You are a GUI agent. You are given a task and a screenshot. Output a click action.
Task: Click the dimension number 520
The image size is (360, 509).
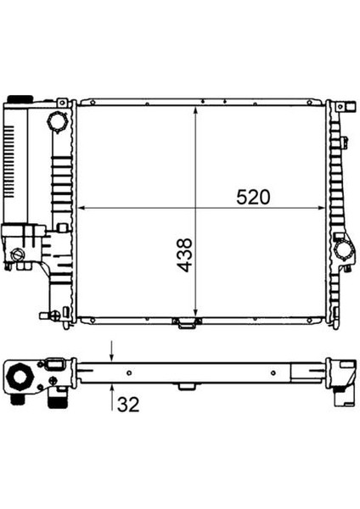(253, 198)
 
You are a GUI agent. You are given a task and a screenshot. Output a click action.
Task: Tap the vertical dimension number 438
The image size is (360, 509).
(184, 255)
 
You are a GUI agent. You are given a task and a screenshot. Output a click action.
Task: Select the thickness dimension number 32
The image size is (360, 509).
(128, 404)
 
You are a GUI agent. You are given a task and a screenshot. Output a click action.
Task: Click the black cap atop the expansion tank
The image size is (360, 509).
(20, 98)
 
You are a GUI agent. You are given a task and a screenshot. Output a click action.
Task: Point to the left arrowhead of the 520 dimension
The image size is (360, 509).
(82, 208)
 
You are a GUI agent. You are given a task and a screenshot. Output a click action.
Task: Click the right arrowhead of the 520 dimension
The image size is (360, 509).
(321, 208)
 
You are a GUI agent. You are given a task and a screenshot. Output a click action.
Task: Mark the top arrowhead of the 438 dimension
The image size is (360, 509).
(195, 110)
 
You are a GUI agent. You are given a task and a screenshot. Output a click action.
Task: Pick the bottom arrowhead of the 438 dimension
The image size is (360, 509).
(195, 312)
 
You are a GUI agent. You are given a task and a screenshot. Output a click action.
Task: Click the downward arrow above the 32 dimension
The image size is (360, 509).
(112, 351)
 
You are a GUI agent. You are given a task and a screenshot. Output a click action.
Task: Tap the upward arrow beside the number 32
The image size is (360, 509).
(112, 397)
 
